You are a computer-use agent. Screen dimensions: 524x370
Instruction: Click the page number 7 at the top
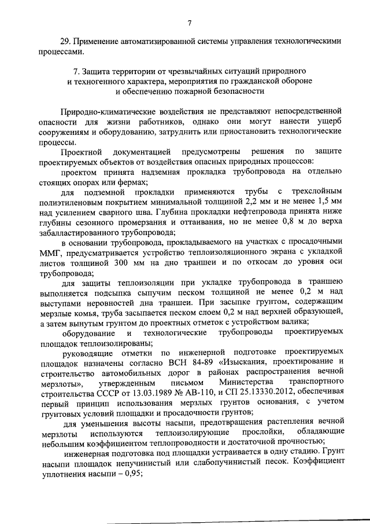coord(189,23)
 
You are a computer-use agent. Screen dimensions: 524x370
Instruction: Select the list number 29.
coord(65,42)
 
